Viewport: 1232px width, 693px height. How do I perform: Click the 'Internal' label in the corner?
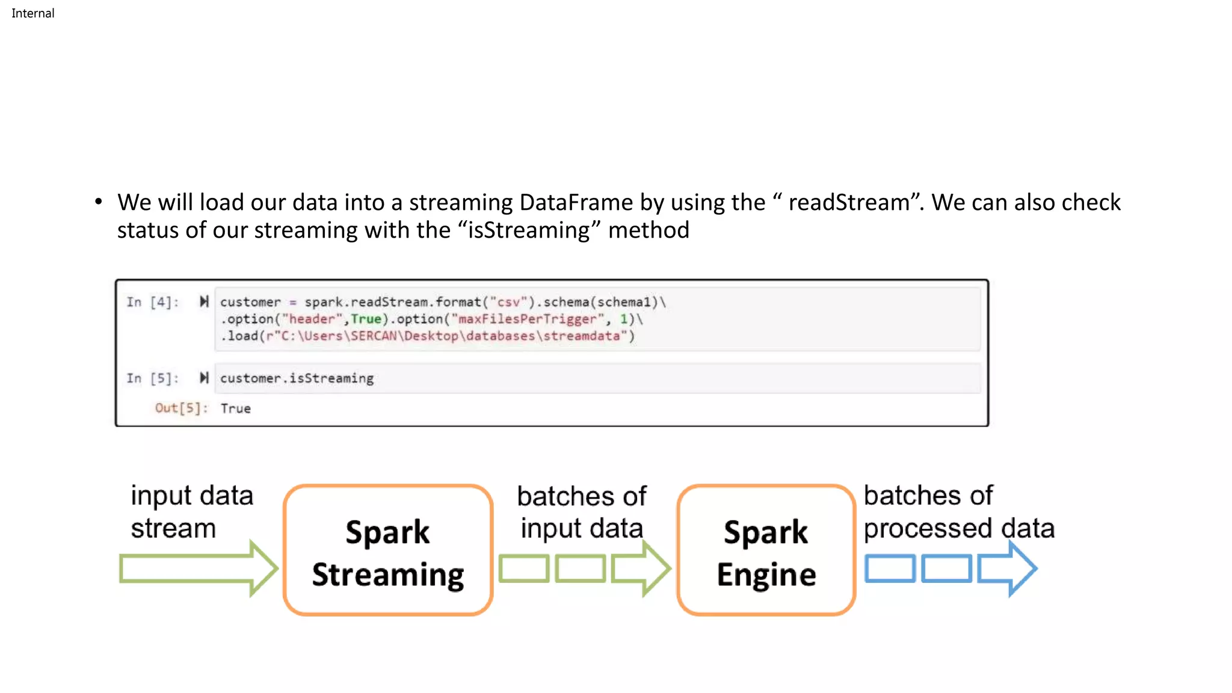coord(32,13)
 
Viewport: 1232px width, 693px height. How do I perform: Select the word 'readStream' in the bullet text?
coord(849,203)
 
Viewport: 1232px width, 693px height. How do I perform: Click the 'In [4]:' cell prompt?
coord(153,302)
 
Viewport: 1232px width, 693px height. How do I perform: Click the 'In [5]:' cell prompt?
coord(153,378)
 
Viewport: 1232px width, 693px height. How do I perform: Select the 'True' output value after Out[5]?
coord(235,408)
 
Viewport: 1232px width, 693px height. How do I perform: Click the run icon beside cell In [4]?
coord(204,301)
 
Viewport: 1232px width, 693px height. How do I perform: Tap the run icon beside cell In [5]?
coord(204,378)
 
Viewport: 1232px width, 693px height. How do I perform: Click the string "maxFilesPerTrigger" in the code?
coord(527,319)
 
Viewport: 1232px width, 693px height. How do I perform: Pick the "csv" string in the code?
coord(508,302)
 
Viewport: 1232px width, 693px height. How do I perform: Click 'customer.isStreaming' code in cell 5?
coord(297,378)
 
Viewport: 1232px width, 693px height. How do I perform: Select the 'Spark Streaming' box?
coord(388,550)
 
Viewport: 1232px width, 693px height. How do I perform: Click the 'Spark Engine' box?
coord(766,550)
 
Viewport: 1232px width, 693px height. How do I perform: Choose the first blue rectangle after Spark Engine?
coord(890,568)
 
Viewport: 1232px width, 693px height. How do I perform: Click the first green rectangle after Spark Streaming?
coord(523,568)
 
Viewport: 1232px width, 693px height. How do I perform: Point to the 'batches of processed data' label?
coord(958,512)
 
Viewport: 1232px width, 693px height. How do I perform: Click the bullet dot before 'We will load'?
coord(99,202)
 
